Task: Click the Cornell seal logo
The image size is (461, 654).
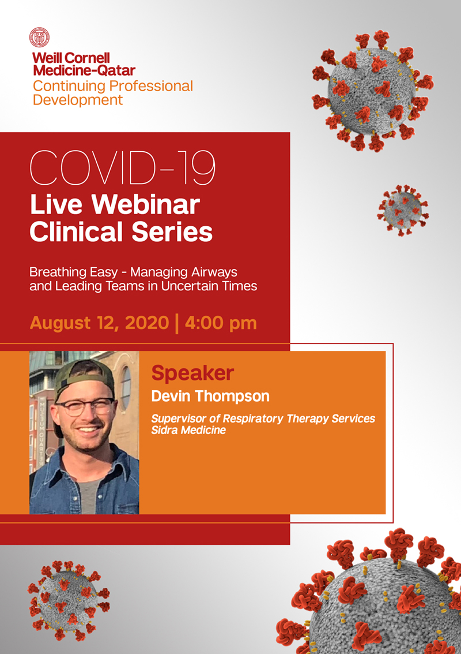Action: [40, 37]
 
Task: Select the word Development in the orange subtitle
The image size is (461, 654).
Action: [78, 100]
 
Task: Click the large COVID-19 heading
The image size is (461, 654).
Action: [122, 167]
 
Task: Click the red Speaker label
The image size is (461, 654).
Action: [192, 373]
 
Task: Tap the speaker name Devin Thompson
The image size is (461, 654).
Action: [210, 396]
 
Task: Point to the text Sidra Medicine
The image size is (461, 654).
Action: [188, 430]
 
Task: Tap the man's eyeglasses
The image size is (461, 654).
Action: [85, 407]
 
